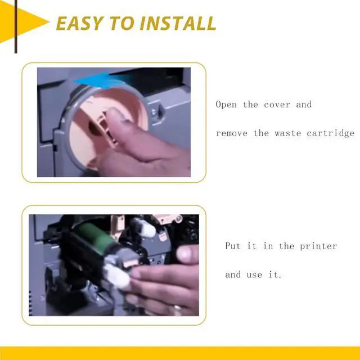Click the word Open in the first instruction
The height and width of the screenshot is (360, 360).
point(227,105)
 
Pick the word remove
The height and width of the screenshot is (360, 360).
point(232,133)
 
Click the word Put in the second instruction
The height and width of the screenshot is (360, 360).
point(233,246)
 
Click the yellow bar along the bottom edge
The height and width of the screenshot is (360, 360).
point(180,354)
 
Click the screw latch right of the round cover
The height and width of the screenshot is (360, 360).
point(157,107)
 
